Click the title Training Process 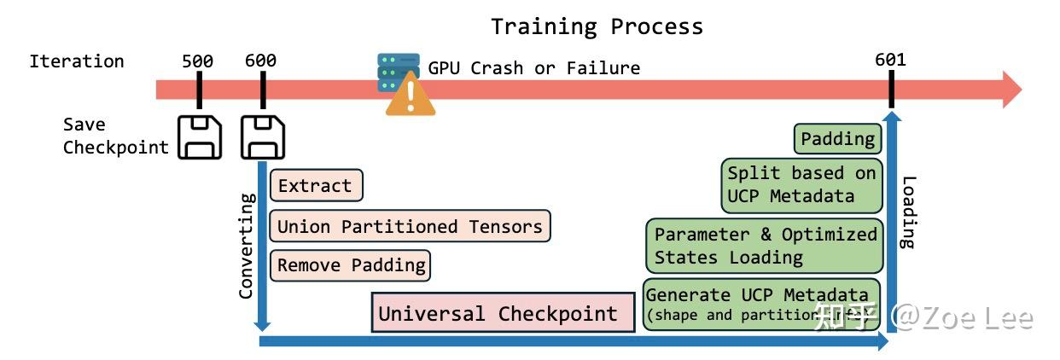(x=597, y=26)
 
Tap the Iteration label (x=77, y=61)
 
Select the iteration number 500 (x=197, y=61)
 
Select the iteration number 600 (x=260, y=61)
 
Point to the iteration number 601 (x=890, y=60)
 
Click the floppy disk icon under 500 (x=199, y=137)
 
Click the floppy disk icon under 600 (x=263, y=137)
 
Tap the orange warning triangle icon (x=410, y=96)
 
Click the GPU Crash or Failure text (x=533, y=68)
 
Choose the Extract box (x=315, y=185)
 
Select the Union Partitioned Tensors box (x=410, y=226)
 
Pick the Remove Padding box (x=351, y=265)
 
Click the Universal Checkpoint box (x=503, y=313)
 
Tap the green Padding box (x=838, y=138)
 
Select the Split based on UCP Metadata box (x=801, y=184)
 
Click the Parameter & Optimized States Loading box (x=764, y=245)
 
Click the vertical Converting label (x=246, y=247)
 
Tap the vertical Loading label (x=908, y=212)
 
